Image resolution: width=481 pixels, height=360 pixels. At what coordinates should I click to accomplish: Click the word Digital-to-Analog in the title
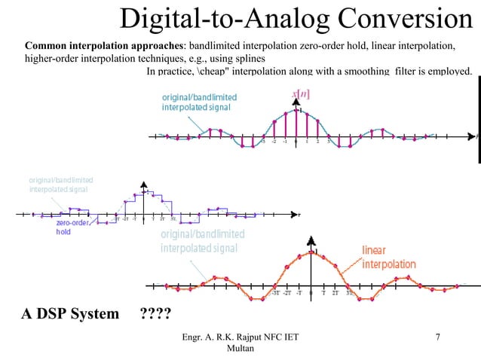click(212, 20)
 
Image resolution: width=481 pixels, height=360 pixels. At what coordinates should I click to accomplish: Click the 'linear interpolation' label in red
click(389, 258)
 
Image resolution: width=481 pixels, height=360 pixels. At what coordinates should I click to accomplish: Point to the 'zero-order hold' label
click(74, 227)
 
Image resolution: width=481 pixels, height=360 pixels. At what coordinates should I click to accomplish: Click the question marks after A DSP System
click(155, 313)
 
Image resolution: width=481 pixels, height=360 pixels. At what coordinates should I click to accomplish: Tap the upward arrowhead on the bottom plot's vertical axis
click(310, 240)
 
